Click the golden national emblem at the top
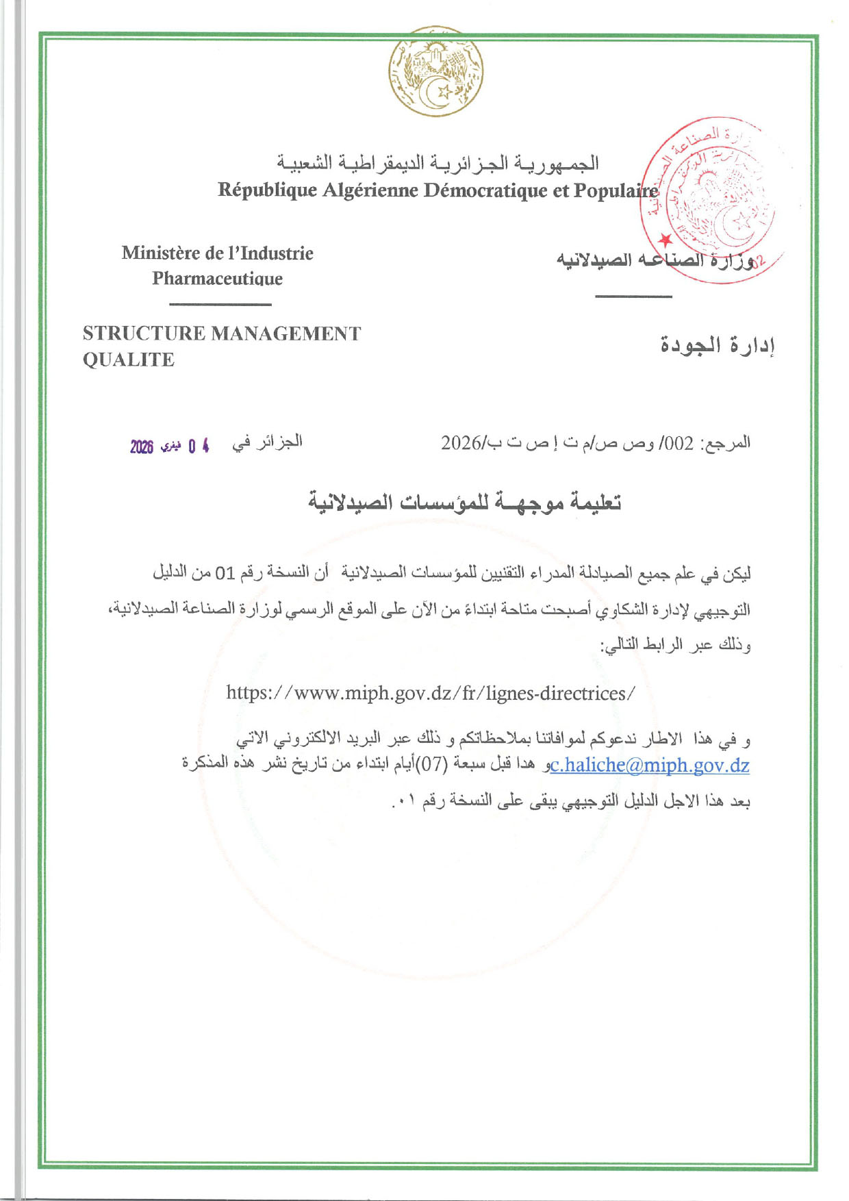[x=435, y=72]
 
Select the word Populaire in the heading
[x=616, y=190]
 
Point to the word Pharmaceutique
[x=217, y=279]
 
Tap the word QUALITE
[x=129, y=359]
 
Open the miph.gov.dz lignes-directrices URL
[x=431, y=693]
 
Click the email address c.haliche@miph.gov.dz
[x=650, y=765]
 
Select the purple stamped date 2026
[x=142, y=447]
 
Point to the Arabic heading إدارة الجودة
[x=717, y=345]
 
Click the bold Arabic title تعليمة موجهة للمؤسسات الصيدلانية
[x=465, y=503]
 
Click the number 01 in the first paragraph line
[x=225, y=572]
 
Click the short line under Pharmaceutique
[x=220, y=304]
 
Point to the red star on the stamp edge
[x=665, y=240]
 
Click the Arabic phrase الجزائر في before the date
[x=267, y=442]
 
